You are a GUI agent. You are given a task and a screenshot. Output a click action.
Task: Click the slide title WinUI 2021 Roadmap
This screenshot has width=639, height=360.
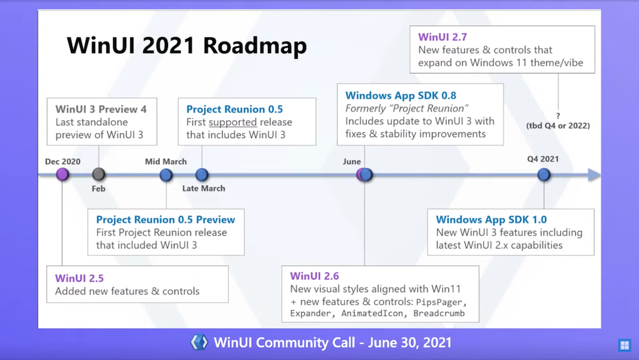tap(187, 45)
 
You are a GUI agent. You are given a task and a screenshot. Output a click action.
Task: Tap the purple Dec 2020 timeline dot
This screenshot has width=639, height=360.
tap(63, 175)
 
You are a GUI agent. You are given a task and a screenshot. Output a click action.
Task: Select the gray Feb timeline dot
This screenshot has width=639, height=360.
tap(98, 175)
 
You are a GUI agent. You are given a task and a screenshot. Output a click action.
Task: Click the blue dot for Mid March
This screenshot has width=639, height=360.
tap(166, 175)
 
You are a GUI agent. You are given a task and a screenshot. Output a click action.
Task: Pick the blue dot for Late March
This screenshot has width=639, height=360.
tap(202, 175)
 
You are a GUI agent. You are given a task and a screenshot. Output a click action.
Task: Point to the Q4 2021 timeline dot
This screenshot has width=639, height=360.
tap(544, 175)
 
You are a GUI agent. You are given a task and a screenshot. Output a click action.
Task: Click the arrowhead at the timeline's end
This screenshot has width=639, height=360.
tap(594, 175)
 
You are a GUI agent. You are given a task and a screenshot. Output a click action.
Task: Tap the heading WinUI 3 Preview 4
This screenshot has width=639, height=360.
tap(101, 109)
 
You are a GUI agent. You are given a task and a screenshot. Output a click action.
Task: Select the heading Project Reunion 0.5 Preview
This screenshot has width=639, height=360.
tap(166, 219)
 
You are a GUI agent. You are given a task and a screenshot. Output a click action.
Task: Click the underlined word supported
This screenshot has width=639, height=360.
tap(233, 122)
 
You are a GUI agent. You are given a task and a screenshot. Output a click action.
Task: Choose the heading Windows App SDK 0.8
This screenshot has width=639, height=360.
tap(401, 95)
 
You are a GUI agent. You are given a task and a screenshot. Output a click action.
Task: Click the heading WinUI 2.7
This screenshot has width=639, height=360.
tap(443, 37)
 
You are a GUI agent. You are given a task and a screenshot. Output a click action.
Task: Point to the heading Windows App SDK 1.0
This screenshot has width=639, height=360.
tap(491, 219)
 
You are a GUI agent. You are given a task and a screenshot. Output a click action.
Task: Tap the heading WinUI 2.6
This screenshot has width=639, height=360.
tap(314, 276)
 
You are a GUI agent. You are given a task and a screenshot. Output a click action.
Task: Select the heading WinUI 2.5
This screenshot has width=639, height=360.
tap(79, 278)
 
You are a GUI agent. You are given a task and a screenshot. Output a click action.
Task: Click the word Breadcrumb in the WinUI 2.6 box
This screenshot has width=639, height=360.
tap(439, 313)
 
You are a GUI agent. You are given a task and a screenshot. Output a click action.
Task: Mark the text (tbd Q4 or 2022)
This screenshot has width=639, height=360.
tap(558, 125)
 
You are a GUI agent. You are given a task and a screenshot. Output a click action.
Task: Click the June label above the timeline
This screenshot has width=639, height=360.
tap(351, 161)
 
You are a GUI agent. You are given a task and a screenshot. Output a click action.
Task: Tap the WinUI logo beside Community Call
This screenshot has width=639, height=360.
tap(199, 342)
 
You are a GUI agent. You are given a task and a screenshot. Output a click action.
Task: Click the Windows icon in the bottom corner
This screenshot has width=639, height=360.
tap(624, 345)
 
